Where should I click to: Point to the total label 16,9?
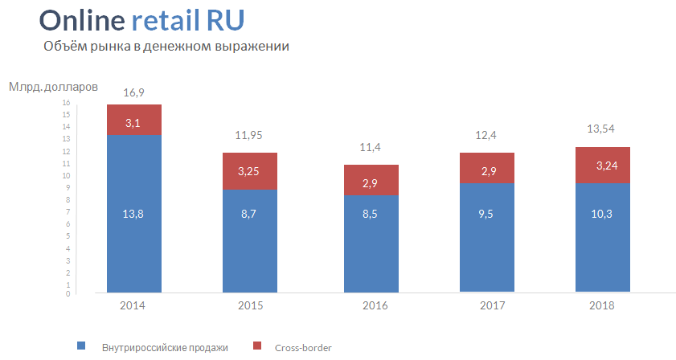(134, 93)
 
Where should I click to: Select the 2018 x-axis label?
(604, 306)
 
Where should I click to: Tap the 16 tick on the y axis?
(67, 103)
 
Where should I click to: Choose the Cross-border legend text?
(303, 347)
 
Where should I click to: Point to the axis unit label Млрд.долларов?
(53, 86)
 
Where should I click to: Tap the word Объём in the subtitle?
(64, 47)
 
